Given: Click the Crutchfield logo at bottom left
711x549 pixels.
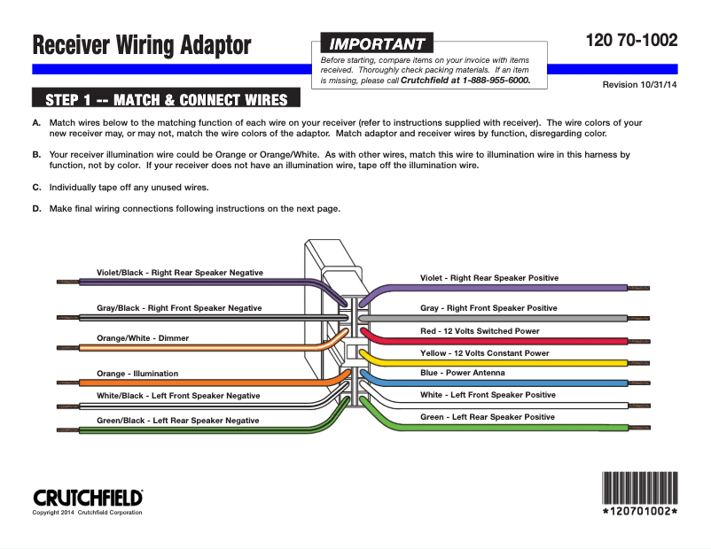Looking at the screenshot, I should point(88,498).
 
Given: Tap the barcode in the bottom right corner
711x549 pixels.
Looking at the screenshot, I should point(639,487).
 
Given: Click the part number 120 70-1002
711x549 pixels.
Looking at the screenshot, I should point(631,41).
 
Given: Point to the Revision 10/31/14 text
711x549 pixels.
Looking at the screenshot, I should point(639,85).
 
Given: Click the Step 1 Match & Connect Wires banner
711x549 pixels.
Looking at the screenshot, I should point(166,98).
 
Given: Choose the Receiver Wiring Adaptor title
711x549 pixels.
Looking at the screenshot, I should point(142,45).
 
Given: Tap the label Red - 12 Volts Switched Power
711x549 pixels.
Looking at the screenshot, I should point(480,331).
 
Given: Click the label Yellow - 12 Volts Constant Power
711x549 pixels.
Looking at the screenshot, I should point(484,353).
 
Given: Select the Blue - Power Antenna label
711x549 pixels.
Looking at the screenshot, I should point(462,374).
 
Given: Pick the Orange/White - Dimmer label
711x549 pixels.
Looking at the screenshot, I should point(142,338).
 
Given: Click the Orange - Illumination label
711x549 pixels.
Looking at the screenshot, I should point(137,374).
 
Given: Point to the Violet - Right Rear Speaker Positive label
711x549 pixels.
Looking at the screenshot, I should point(489,278).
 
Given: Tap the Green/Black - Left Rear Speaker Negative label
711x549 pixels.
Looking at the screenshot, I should point(178,421).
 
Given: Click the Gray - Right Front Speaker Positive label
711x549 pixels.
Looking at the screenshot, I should point(488,308).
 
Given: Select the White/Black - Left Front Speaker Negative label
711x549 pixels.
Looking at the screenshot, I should point(178,396).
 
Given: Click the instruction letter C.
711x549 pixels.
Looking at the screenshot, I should point(36,188).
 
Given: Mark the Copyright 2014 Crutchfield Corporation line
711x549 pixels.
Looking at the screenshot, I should point(87,513).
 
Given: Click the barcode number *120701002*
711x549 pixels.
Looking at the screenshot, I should point(639,513).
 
